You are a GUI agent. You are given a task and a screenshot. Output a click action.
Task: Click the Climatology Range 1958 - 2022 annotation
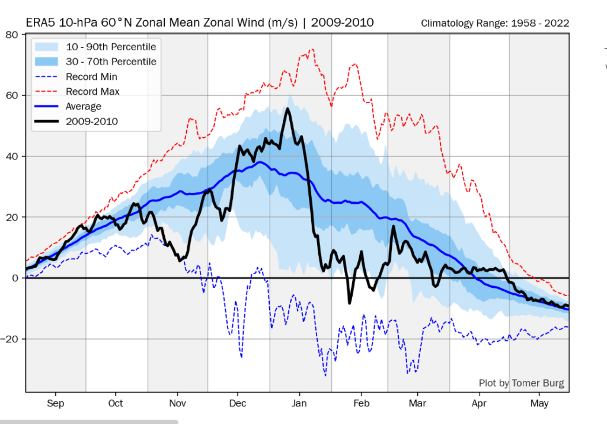tap(495, 24)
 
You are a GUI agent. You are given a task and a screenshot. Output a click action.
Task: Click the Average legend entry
tap(84, 107)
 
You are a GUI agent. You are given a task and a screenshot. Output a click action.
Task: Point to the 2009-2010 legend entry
tap(92, 121)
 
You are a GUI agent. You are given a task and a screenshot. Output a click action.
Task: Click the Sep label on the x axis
tap(55, 404)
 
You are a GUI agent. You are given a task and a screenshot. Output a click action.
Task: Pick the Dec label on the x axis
tap(238, 404)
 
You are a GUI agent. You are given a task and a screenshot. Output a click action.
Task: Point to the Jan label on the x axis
tap(299, 404)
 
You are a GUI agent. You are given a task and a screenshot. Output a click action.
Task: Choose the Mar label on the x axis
tap(418, 404)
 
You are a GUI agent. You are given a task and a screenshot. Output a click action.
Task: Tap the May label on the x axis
tap(539, 404)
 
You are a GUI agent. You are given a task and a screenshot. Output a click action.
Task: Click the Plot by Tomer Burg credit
tap(522, 383)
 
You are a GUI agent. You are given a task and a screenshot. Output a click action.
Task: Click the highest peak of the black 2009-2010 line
tap(288, 108)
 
